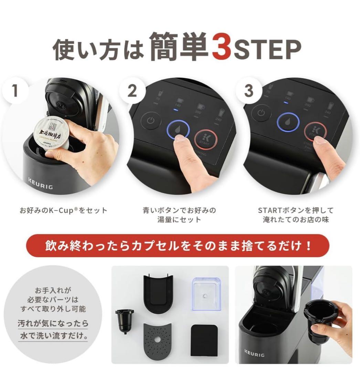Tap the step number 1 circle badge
[x=15, y=91]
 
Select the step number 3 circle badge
[x=248, y=91]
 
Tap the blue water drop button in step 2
[x=178, y=129]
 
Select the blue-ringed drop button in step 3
[x=288, y=122]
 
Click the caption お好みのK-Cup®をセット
[x=63, y=210]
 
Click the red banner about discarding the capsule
[x=178, y=246]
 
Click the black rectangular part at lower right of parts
[x=204, y=340]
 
